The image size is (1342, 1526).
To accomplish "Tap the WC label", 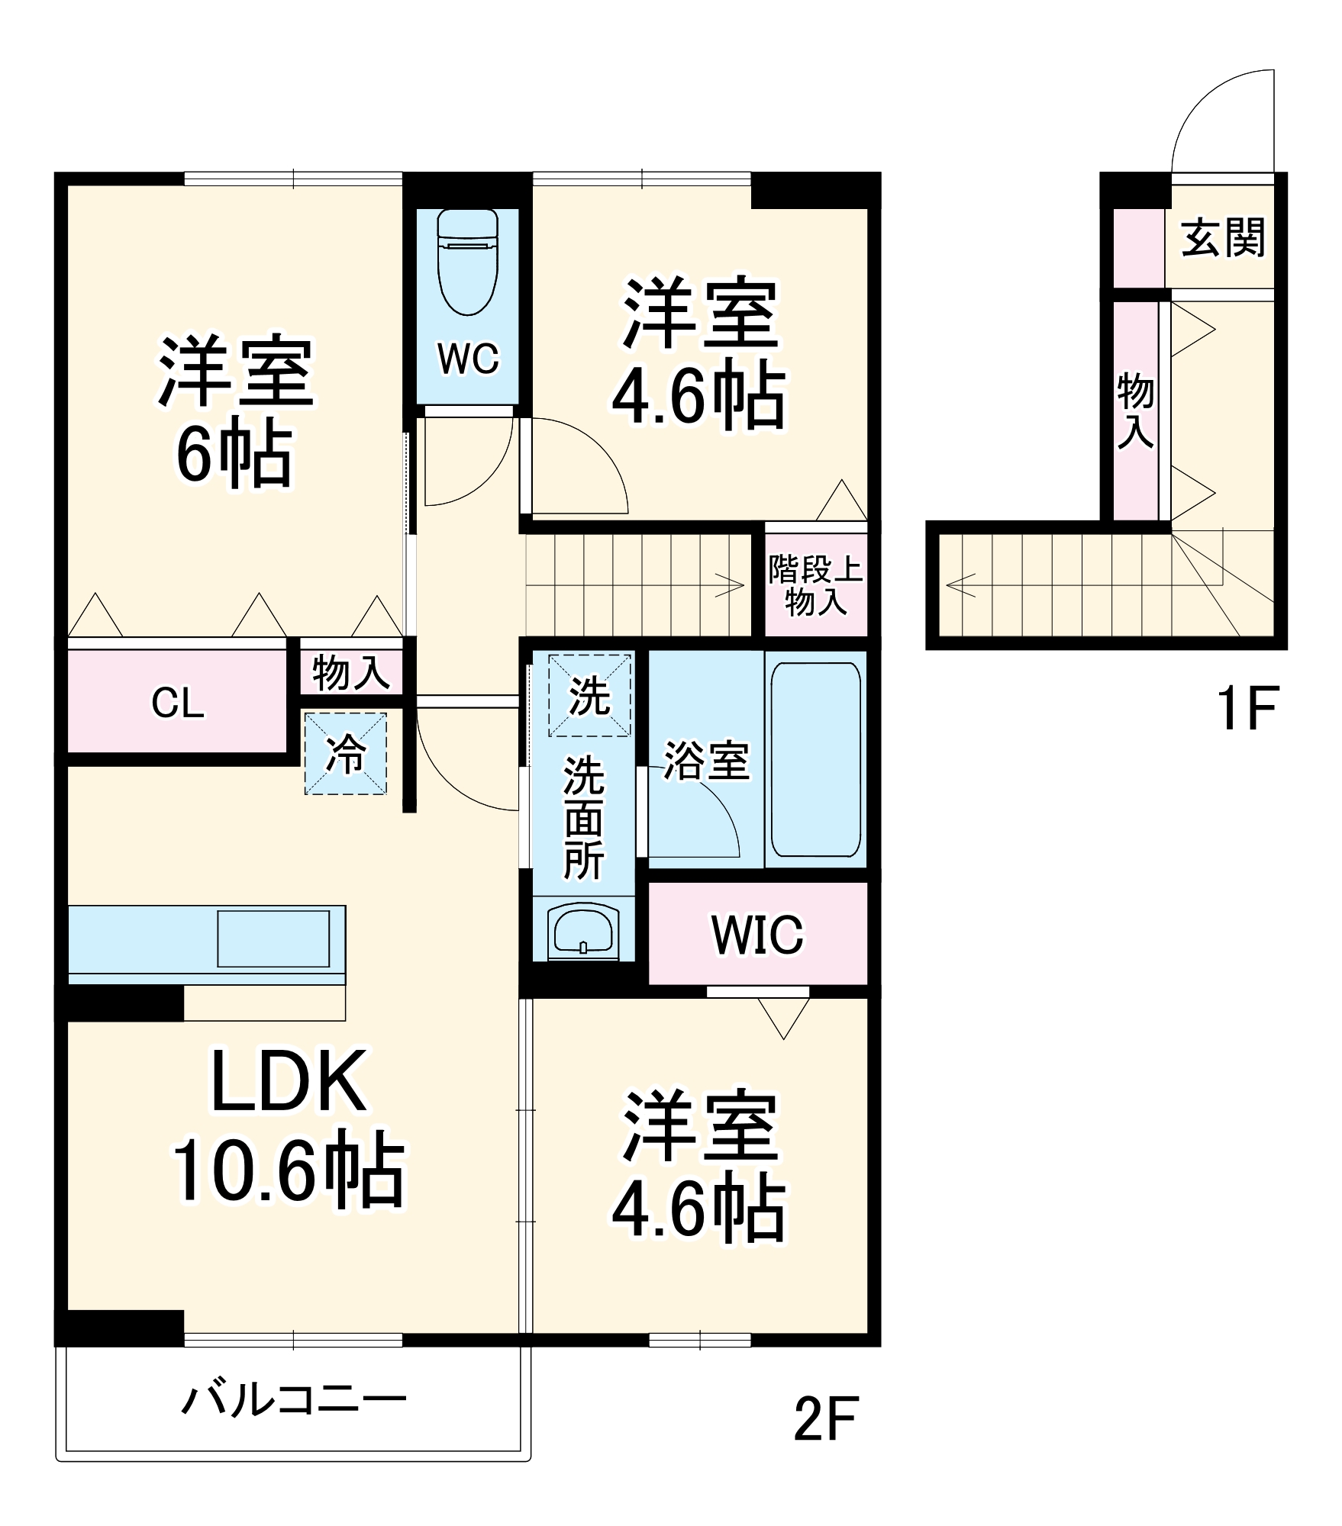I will coord(468,359).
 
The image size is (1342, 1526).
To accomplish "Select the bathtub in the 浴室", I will coord(815,759).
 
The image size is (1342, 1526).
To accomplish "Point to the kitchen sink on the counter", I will coord(273,938).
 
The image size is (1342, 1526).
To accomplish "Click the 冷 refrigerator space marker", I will coord(346,754).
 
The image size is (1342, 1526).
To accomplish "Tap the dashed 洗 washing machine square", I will coord(590,695).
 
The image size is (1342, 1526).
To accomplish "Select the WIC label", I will coord(757,934).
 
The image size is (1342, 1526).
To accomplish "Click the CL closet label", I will coord(178,703).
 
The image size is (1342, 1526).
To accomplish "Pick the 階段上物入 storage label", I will coord(815,586).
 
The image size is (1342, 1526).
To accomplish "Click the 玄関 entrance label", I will coord(1223,238).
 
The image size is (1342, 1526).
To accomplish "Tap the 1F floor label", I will coord(1246,709).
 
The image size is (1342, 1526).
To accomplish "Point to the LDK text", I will coord(288,1082).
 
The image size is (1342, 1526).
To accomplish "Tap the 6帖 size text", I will coord(234,456).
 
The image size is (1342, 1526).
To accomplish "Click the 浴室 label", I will coord(706,761).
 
